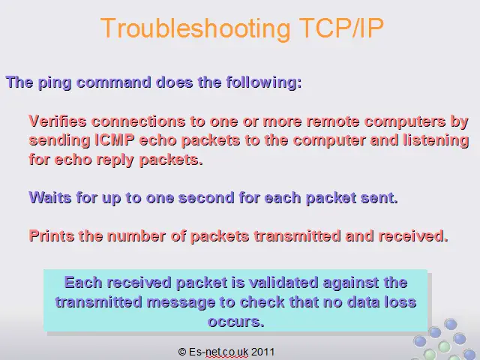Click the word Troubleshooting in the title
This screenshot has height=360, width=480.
pyautogui.click(x=195, y=29)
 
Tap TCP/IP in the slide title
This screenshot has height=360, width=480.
pyautogui.click(x=341, y=28)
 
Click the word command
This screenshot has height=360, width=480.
pyautogui.click(x=114, y=82)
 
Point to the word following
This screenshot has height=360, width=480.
pyautogui.click(x=264, y=82)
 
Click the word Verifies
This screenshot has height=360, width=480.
pyautogui.click(x=58, y=121)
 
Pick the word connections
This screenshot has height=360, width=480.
pyautogui.click(x=138, y=121)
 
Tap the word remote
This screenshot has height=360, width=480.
pyautogui.click(x=333, y=121)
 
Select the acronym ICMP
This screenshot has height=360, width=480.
pyautogui.click(x=115, y=140)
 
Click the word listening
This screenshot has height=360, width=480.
pyautogui.click(x=436, y=141)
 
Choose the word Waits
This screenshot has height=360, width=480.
pyautogui.click(x=50, y=197)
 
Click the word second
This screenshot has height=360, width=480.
pyautogui.click(x=206, y=198)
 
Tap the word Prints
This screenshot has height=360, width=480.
pyautogui.click(x=52, y=235)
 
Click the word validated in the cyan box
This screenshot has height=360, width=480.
pyautogui.click(x=283, y=282)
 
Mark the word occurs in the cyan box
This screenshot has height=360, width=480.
pyautogui.click(x=235, y=322)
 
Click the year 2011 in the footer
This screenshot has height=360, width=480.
pyautogui.click(x=263, y=352)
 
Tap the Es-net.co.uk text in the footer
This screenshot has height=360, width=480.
pyautogui.click(x=218, y=352)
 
